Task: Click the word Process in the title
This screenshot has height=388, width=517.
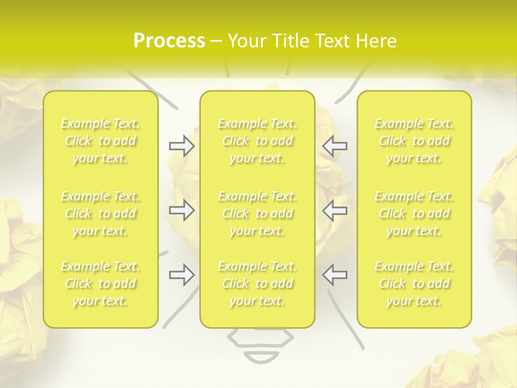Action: coord(169,41)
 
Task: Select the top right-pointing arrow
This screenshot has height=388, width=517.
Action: coord(182,146)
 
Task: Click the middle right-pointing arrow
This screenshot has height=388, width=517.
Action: coord(182,210)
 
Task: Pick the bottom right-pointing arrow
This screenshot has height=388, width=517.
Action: coord(182,274)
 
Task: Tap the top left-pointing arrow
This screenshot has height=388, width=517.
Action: coord(335,146)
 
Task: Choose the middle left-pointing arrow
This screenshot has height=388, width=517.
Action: coord(335,210)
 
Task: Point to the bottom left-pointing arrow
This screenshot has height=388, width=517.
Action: coord(335,274)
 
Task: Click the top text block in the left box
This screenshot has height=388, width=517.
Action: coord(100,141)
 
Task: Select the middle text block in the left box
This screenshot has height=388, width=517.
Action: coord(100,213)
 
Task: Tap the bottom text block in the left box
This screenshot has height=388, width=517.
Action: coord(100,283)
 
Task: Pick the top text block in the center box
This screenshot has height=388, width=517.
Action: coord(257,141)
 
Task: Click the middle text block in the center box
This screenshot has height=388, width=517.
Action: coord(257,213)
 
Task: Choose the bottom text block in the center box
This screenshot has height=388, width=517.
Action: coord(257,283)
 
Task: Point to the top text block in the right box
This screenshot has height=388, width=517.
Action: coord(414,141)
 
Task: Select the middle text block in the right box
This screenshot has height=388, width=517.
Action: coord(414,213)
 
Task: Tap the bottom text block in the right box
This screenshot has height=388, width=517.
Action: coord(414,283)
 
